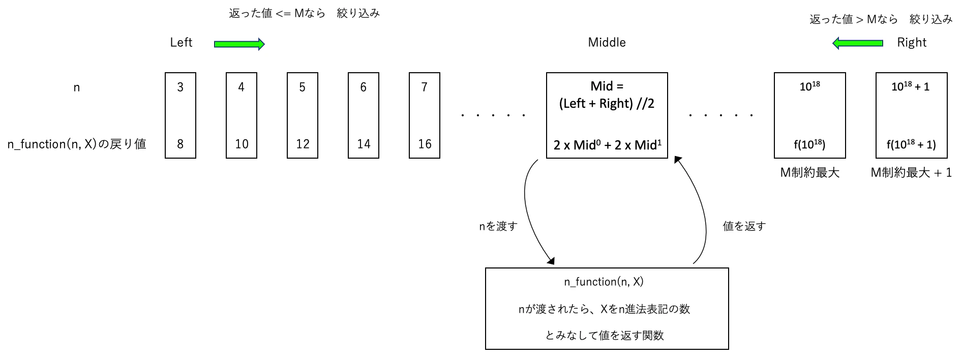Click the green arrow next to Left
pos(239,44)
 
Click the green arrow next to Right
pos(858,43)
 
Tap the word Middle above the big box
pos(607,42)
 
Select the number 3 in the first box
pos(180,87)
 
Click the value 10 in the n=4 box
pos(242,144)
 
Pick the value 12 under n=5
pos(303,144)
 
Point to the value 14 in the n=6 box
pos(364,144)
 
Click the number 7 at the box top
pos(424,87)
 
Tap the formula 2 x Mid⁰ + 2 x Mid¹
pos(607,145)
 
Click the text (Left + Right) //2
pos(607,104)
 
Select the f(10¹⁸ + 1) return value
pos(911,144)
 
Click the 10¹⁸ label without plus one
pos(809,86)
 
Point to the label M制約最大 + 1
pos(911,173)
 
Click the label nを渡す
pos(498,226)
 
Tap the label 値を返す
pos(744,226)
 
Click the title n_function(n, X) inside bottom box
pos(604,282)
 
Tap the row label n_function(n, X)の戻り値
pos(77,144)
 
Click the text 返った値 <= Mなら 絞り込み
pos(304,14)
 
